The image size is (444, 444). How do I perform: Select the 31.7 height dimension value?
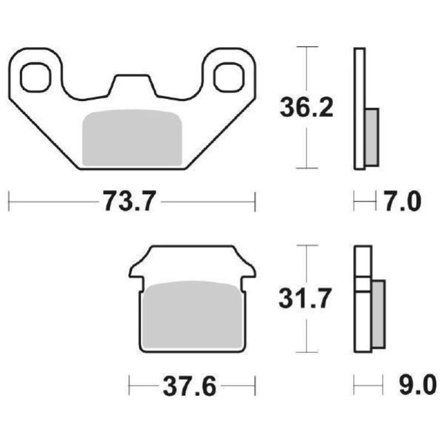click(x=306, y=300)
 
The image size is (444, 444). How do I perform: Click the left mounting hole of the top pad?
click(x=34, y=77)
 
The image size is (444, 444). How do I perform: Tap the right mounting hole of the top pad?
click(x=228, y=77)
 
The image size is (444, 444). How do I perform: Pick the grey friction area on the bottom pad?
click(x=192, y=316)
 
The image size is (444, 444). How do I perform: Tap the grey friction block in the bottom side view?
click(x=378, y=314)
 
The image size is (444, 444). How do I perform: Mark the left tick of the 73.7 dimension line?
click(x=9, y=201)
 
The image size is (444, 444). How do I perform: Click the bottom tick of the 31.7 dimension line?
click(x=307, y=352)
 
